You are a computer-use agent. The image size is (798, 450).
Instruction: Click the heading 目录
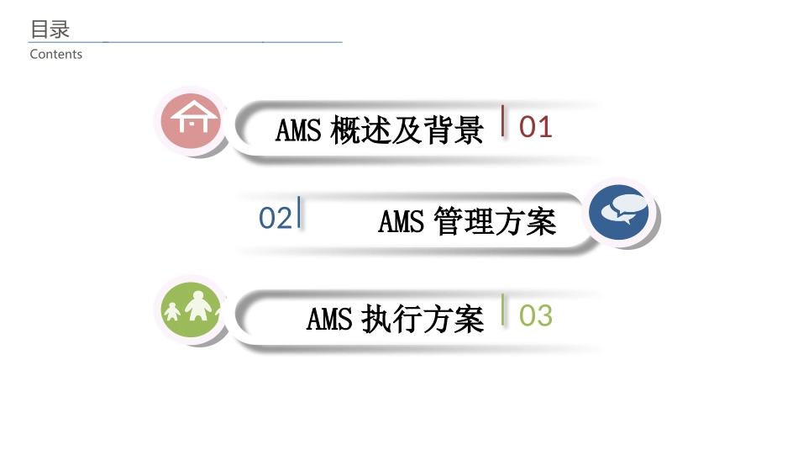(50, 29)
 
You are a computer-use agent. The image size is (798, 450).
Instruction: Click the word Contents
(56, 55)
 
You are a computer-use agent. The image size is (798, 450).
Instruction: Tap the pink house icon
(192, 120)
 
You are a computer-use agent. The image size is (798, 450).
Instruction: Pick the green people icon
(192, 308)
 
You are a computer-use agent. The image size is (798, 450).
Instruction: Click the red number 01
(536, 127)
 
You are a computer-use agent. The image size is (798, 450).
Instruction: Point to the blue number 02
(275, 218)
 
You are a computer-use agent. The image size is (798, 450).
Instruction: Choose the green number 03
(536, 316)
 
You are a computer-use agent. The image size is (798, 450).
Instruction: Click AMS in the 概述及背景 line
(298, 130)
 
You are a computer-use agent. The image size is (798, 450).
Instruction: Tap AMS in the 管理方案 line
(402, 222)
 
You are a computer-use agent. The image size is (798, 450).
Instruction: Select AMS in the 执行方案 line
(329, 320)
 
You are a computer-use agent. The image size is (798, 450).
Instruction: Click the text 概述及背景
(407, 130)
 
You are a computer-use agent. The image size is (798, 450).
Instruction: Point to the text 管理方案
(496, 222)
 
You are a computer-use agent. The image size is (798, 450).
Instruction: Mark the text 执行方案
(423, 320)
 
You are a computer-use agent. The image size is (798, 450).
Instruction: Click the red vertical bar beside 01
(503, 120)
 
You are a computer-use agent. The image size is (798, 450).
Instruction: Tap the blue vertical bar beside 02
(299, 211)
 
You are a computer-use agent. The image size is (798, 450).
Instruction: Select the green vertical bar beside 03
(503, 310)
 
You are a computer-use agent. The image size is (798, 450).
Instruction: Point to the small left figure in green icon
(172, 312)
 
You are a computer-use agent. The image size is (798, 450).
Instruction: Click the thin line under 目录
(185, 41)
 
